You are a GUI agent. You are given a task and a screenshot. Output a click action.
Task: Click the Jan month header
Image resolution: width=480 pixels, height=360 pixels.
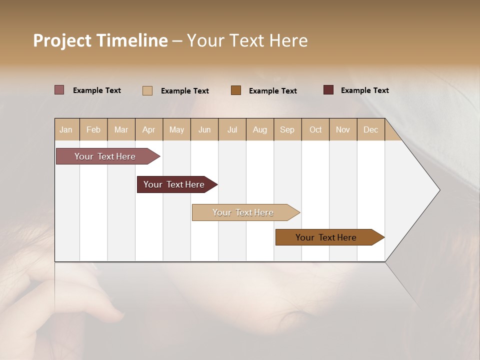coord(66,129)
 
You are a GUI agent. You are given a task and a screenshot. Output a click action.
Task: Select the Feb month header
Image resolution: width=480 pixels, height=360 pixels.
coord(93,129)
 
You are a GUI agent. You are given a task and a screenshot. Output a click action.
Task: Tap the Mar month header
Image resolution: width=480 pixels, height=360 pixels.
coord(121,129)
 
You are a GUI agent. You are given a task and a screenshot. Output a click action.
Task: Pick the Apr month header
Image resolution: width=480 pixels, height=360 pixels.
coord(149,129)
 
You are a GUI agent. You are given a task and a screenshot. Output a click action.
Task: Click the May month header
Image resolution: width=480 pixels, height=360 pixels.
coord(176,129)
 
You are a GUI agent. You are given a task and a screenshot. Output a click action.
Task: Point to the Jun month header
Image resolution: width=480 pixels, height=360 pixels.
coord(204,129)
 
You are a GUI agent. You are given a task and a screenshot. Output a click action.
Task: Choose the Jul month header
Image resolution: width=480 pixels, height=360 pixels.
coord(232,129)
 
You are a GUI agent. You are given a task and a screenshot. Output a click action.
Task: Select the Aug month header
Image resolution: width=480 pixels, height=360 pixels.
coord(260,129)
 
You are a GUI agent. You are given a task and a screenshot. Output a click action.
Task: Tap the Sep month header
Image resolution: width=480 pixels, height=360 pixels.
coord(287,129)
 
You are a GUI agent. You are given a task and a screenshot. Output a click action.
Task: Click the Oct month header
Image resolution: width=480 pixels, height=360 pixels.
coord(315,129)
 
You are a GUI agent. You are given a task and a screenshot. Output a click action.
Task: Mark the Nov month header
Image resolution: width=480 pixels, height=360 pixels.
coord(343,129)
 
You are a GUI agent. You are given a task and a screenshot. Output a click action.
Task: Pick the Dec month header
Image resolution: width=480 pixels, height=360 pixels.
coord(371,129)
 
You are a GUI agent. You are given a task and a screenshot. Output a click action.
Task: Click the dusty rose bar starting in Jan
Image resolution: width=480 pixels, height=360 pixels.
coord(105,156)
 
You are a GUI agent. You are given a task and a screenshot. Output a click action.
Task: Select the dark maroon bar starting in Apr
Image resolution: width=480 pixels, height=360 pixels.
coord(174,184)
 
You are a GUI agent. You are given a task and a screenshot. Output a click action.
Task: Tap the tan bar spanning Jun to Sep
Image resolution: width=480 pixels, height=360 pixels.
coord(243,212)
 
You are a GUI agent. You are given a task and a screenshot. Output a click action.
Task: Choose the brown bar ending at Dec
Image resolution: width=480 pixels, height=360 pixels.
coord(326,237)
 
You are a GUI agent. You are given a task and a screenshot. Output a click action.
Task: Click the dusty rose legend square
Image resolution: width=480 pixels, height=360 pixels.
coord(59,90)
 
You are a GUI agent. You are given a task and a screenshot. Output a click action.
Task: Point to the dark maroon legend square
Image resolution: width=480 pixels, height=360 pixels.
coord(328,90)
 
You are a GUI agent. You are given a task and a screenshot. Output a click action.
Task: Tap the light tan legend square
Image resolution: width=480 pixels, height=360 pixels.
coord(147,90)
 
